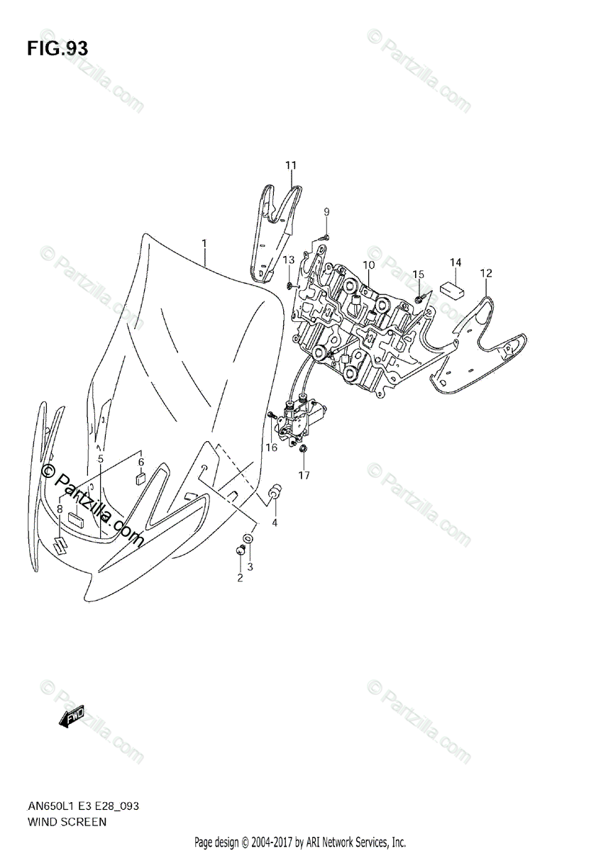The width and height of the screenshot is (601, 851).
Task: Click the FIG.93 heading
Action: pos(57,49)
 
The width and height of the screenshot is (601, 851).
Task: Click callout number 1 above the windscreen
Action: pos(204,244)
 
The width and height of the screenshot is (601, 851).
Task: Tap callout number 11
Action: pos(291,165)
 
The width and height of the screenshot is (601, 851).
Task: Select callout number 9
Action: pos(327,211)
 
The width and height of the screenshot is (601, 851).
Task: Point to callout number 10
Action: pos(368,265)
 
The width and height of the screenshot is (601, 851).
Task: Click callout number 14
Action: pos(456,262)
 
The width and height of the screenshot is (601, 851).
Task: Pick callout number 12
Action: pos(485,272)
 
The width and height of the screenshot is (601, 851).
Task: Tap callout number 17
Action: pos(304,475)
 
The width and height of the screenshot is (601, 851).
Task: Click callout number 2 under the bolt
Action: pos(240,577)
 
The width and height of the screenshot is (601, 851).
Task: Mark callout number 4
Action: pos(276,523)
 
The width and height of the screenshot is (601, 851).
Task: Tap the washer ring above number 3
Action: pos(247,538)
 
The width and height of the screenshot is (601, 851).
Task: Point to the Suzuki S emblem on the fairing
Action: pos(62,546)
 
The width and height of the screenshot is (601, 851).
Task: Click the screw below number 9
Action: pos(324,238)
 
